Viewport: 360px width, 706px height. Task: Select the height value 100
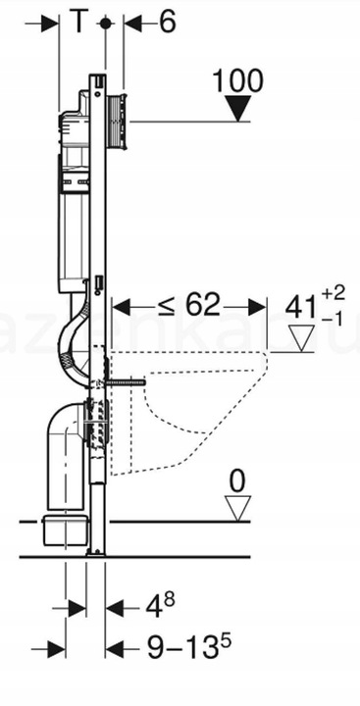coord(237,81)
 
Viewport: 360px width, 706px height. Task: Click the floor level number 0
coord(235,482)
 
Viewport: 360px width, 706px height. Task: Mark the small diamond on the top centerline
coord(104,22)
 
